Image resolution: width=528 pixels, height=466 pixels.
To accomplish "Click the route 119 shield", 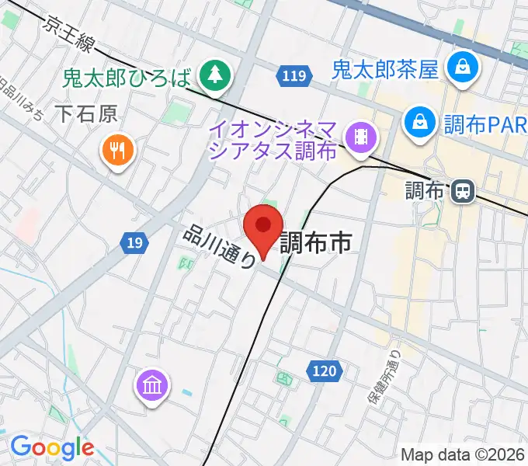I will click(294, 76).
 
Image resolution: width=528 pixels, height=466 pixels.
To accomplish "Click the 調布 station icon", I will click(464, 190).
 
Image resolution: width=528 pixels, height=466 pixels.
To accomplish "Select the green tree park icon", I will click(211, 75).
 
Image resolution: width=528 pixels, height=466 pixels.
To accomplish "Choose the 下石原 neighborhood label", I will click(87, 115).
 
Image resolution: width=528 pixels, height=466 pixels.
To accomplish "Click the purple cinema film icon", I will click(361, 137).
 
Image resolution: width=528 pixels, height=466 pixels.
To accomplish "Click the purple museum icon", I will click(152, 384).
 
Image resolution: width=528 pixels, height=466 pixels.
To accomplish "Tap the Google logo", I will click(51, 448).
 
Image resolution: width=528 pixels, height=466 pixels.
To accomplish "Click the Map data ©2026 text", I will click(463, 455).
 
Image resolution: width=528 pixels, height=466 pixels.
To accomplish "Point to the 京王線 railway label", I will click(69, 34).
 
